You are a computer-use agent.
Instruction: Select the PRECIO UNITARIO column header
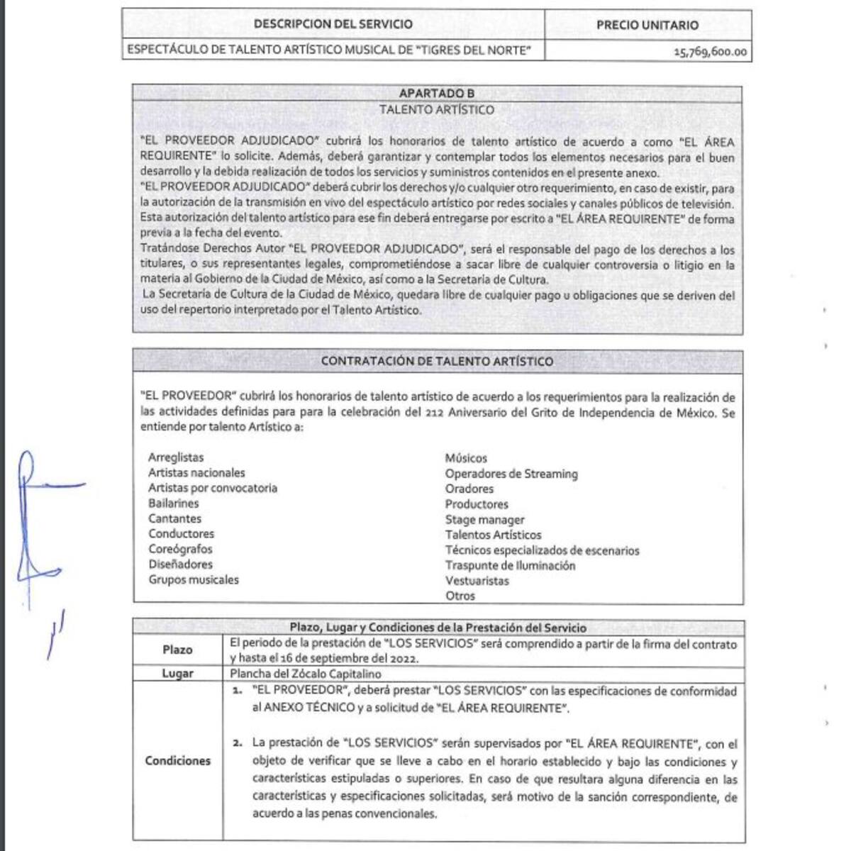[647, 25]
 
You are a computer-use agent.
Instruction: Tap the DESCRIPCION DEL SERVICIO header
[333, 24]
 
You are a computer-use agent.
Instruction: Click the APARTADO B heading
[437, 94]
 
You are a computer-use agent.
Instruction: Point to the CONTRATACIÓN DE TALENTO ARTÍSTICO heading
[437, 361]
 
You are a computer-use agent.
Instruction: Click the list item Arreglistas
[176, 457]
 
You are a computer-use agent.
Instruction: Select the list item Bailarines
[174, 503]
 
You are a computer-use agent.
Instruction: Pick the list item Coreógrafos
[180, 549]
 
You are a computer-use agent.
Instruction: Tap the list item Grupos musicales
[194, 579]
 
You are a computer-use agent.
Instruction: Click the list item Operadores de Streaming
[511, 474]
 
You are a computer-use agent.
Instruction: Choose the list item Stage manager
[484, 520]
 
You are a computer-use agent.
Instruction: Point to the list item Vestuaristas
[477, 581]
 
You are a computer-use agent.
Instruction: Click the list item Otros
[460, 596]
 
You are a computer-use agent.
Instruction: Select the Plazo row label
[177, 650]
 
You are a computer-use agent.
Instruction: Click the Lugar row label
[177, 673]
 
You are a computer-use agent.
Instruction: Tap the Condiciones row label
[177, 761]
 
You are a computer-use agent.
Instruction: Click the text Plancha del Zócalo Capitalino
[306, 674]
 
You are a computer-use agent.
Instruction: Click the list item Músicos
[466, 458]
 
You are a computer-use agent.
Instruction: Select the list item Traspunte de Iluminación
[510, 565]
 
